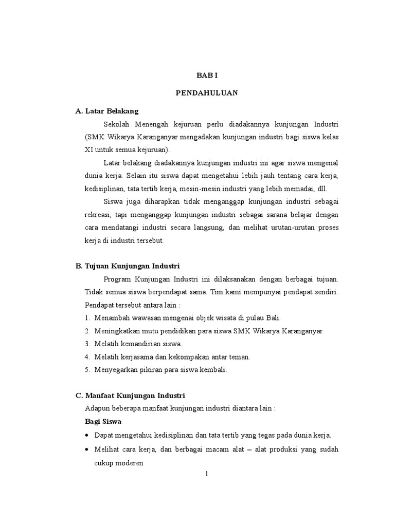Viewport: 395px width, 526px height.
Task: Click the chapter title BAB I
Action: [207, 75]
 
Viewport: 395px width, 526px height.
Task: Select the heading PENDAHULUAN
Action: [207, 93]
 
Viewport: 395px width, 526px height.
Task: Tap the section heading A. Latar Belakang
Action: [107, 111]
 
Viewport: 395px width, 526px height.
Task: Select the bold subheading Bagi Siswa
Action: [103, 421]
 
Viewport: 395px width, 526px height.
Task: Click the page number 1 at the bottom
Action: [207, 474]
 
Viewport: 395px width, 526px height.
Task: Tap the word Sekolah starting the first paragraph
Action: [117, 125]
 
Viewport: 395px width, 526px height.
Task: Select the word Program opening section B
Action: [117, 279]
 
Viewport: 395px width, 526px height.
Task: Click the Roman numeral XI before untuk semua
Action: [88, 149]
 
